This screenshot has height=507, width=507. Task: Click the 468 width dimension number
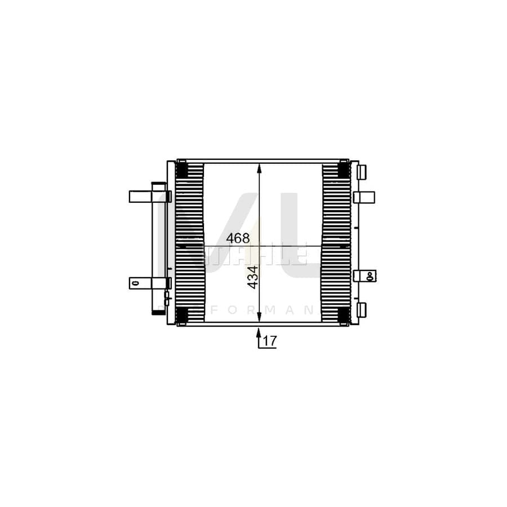click(238, 239)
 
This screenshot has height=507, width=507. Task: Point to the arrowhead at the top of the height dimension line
click(259, 167)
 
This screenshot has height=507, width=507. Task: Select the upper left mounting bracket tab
click(139, 197)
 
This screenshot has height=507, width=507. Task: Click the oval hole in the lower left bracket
click(134, 283)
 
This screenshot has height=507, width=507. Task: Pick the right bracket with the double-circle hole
click(365, 275)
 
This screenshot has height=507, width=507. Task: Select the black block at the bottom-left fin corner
click(182, 315)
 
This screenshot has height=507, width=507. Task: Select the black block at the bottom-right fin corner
click(343, 315)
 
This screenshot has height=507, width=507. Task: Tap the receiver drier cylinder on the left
click(157, 248)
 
